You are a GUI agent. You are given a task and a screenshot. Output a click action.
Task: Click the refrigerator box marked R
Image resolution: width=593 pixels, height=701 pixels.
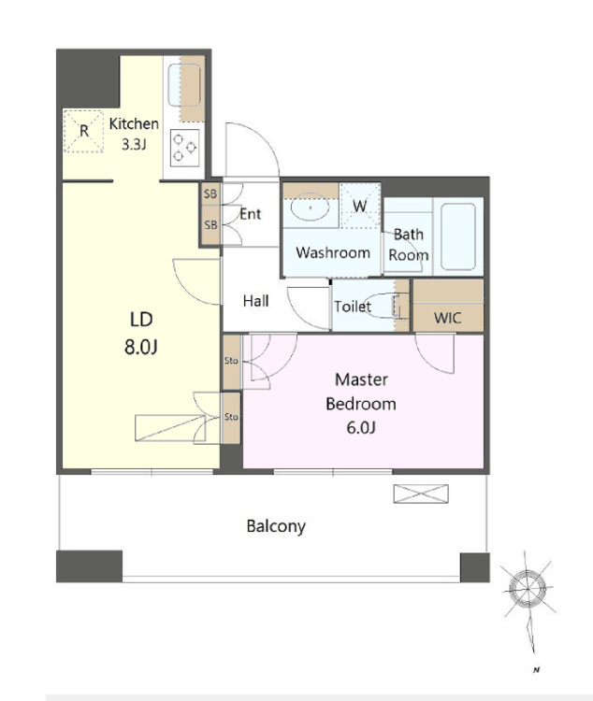pyautogui.click(x=83, y=131)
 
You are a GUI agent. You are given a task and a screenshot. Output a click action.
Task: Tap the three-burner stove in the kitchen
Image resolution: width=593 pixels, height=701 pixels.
pyautogui.click(x=185, y=148)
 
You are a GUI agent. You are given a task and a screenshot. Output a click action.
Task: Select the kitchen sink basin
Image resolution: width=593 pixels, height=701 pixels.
pyautogui.click(x=184, y=85)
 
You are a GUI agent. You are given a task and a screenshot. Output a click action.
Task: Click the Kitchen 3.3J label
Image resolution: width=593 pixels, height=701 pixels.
pyautogui.click(x=134, y=134)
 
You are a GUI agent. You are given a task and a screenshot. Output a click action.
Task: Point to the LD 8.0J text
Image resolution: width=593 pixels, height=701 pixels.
pyautogui.click(x=141, y=333)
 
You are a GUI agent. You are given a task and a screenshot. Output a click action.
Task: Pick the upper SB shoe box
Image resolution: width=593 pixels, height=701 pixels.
pyautogui.click(x=210, y=194)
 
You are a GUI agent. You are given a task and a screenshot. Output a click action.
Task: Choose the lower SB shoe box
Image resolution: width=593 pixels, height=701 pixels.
pyautogui.click(x=210, y=225)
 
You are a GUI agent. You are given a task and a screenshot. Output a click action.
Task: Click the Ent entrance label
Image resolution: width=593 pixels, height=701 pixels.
pyautogui.click(x=250, y=214)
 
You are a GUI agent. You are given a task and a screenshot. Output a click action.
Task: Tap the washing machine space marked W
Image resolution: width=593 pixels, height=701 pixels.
pyautogui.click(x=360, y=206)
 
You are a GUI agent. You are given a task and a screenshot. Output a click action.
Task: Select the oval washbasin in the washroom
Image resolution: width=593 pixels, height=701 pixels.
pyautogui.click(x=311, y=207)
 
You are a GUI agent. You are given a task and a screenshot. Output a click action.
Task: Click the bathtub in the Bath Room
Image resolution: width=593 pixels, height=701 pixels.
pyautogui.click(x=457, y=236)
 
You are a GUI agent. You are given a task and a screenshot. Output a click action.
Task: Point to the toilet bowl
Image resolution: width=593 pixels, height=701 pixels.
pyautogui.click(x=381, y=306)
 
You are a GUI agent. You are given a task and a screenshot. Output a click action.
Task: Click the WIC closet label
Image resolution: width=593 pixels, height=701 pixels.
pyautogui.click(x=447, y=318)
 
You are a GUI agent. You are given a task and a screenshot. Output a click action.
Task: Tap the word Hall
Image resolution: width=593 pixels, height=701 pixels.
pyautogui.click(x=256, y=301)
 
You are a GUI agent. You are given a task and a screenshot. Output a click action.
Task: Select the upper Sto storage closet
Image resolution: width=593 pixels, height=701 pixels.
pyautogui.click(x=232, y=361)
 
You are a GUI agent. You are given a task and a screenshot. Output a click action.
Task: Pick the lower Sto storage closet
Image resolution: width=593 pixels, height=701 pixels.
pyautogui.click(x=231, y=418)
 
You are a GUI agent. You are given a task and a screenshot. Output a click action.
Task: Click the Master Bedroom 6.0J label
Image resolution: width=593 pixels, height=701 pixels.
pyautogui.click(x=361, y=404)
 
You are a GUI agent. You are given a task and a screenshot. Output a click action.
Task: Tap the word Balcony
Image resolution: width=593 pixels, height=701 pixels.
pyautogui.click(x=276, y=526)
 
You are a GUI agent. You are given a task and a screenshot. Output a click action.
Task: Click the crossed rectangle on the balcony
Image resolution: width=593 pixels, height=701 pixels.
pyautogui.click(x=421, y=494)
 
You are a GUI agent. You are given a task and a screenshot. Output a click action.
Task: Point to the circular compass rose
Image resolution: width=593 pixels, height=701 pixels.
pyautogui.click(x=528, y=589)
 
